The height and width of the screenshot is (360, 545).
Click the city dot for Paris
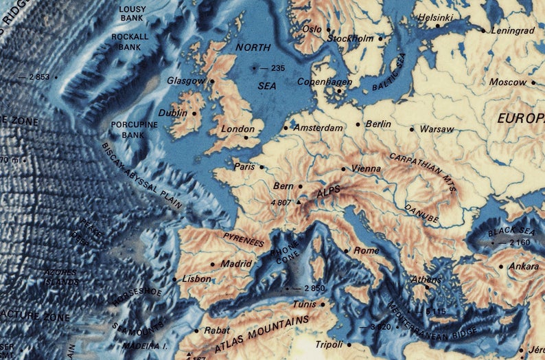click(x=261, y=166)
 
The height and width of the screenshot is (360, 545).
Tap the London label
click(x=237, y=128)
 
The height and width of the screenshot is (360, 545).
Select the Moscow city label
click(x=508, y=82)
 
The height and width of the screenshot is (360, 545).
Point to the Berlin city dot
click(x=358, y=124)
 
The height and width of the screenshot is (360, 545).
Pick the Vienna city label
click(x=364, y=168)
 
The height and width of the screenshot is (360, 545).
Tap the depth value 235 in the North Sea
click(x=277, y=68)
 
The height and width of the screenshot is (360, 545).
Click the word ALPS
click(x=329, y=195)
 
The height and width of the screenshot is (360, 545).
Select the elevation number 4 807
click(x=281, y=203)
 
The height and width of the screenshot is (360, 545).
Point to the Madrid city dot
click(x=213, y=264)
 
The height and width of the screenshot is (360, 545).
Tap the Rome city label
click(x=366, y=251)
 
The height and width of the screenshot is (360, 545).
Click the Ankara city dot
click(x=501, y=267)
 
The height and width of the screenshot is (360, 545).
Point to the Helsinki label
click(x=436, y=16)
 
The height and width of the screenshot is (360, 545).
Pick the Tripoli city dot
click(x=349, y=344)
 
